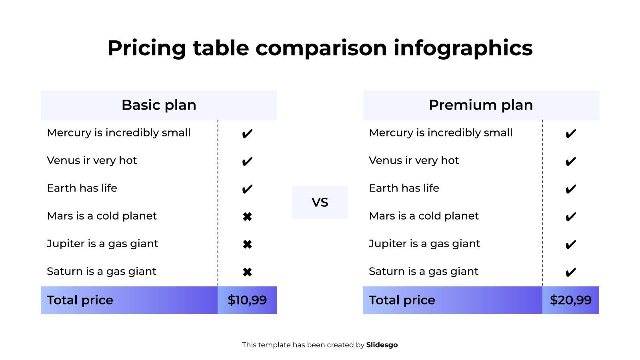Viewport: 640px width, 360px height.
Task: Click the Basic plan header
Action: click(159, 105)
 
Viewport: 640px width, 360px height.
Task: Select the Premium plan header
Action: click(481, 105)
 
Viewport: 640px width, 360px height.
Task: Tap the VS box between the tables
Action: click(320, 202)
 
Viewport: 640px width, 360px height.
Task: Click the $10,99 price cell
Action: click(247, 300)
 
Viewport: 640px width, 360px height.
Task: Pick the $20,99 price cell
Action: click(570, 300)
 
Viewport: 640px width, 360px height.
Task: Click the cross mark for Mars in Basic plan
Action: click(247, 217)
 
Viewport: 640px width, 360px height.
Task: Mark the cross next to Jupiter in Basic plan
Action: click(247, 244)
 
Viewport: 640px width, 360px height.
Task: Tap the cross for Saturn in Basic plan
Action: click(247, 272)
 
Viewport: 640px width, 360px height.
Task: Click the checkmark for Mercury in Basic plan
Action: click(247, 134)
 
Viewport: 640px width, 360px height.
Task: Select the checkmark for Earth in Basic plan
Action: click(247, 189)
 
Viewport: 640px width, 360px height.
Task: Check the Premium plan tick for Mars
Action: click(570, 217)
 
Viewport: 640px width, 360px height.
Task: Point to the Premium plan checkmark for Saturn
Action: click(570, 272)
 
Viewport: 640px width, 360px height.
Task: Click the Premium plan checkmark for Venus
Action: click(570, 161)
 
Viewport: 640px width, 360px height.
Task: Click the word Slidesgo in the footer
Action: click(382, 345)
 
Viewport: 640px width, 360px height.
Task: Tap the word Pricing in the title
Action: click(146, 48)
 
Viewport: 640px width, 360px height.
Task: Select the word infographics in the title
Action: click(463, 48)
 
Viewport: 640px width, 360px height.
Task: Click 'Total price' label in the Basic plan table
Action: click(80, 300)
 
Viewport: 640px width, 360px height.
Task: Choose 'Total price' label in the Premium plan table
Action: click(402, 300)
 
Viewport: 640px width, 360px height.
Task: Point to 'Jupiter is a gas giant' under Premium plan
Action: click(424, 244)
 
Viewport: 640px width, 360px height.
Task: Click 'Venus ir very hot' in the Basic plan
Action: click(92, 160)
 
